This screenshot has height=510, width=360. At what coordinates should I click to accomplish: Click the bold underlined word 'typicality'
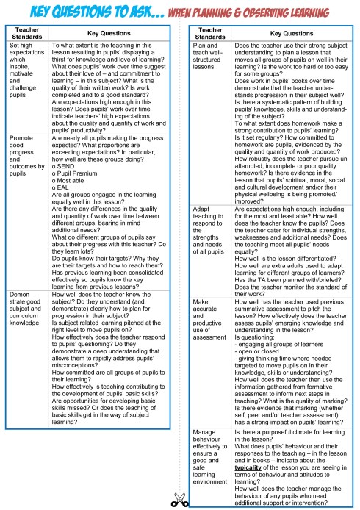[251, 467]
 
